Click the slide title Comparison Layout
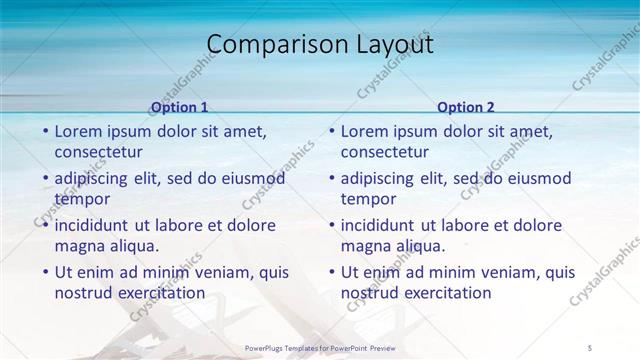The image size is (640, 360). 320,45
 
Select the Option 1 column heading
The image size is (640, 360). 179,107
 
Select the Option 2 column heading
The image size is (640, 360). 466,107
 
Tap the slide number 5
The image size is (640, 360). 590,347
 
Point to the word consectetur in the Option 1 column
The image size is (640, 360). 98,153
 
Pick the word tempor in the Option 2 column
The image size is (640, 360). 369,199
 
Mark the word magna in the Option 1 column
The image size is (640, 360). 78,246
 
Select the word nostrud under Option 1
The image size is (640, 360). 84,293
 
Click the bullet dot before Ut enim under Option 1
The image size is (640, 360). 45,271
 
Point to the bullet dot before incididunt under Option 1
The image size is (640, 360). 45,224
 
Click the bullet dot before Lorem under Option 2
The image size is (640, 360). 332,131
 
